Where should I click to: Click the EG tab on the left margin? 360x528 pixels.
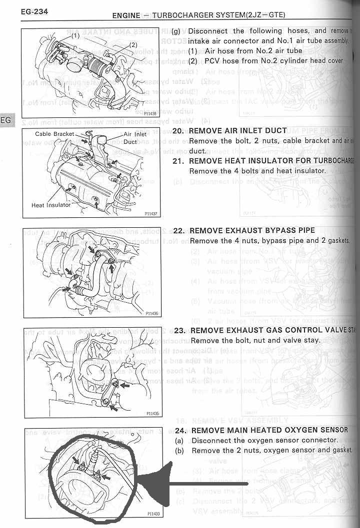[x=6, y=120]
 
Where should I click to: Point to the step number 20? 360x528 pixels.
[x=179, y=130]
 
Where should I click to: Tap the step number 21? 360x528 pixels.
[x=179, y=161]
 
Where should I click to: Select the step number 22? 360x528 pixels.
[x=179, y=230]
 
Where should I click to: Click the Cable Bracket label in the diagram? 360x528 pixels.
[x=54, y=134]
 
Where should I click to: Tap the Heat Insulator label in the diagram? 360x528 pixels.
[x=51, y=205]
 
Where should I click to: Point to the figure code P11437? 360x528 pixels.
[x=150, y=214]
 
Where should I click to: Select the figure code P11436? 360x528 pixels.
[x=151, y=314]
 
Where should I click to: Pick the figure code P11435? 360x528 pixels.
[x=152, y=414]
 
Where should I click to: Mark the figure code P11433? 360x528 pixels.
[x=153, y=514]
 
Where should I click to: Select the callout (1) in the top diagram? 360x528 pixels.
[x=74, y=36]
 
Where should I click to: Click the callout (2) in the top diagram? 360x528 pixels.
[x=133, y=44]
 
